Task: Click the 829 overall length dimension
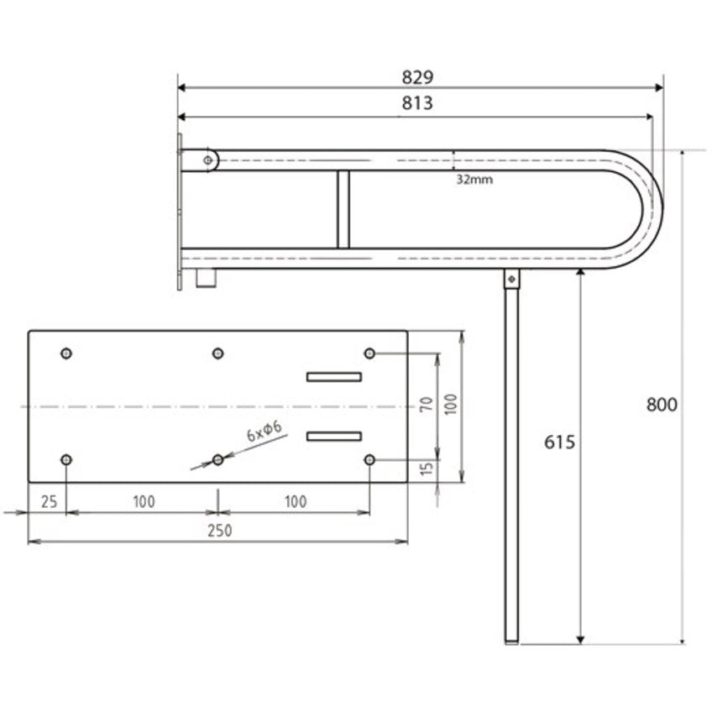tap(417, 77)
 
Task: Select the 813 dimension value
tap(417, 103)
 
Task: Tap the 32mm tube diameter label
tap(474, 180)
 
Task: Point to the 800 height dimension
tap(662, 404)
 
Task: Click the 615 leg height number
tap(559, 442)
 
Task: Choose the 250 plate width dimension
tap(220, 531)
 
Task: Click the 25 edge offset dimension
tap(50, 502)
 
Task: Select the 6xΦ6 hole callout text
tap(264, 432)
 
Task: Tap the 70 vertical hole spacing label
tap(427, 404)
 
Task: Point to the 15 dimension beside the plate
tap(427, 469)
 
